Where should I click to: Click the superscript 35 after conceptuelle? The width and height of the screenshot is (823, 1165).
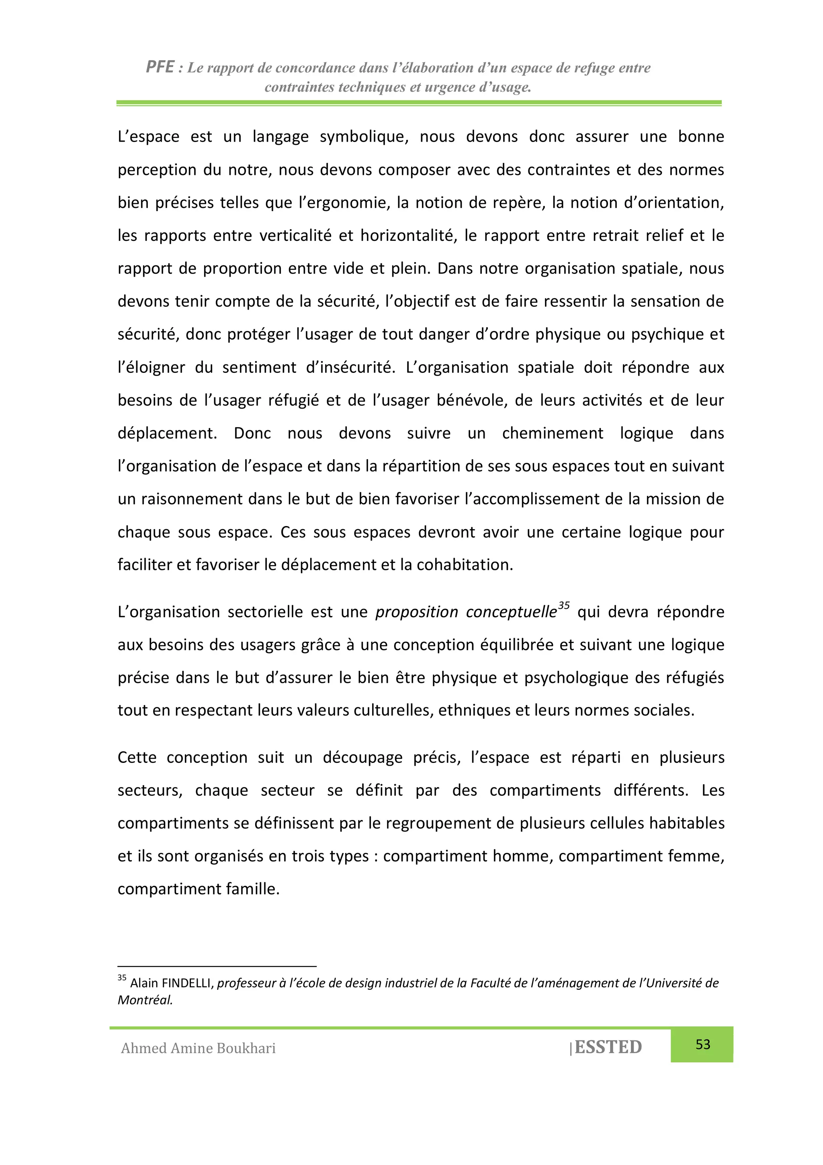(x=564, y=605)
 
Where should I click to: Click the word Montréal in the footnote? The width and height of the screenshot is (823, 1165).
(x=145, y=1000)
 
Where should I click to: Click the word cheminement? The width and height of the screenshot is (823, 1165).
(x=552, y=434)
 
